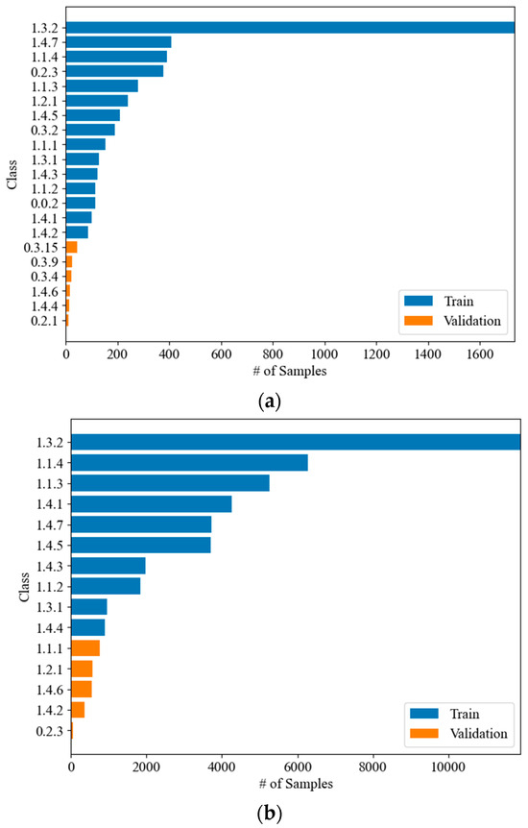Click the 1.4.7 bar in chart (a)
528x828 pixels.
tap(118, 42)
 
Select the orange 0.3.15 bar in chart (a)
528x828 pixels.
tap(71, 247)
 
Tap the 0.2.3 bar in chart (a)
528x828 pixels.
tap(114, 71)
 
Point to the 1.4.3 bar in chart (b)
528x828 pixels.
tap(108, 566)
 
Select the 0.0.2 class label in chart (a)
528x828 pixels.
tap(48, 204)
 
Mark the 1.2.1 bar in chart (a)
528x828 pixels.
tap(97, 101)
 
